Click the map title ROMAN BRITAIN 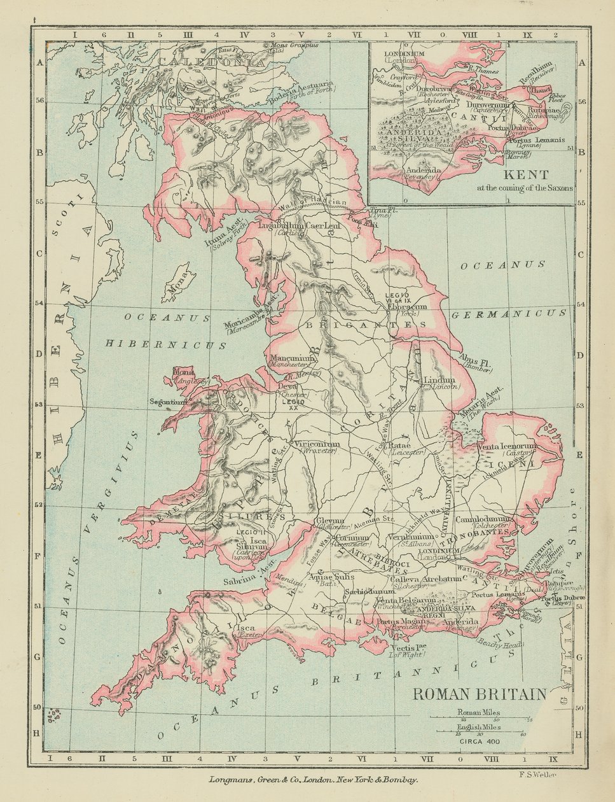point(480,693)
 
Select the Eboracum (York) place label point(407,307)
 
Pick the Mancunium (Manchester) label point(293,360)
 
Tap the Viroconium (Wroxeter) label point(315,444)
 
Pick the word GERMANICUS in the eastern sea point(508,313)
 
